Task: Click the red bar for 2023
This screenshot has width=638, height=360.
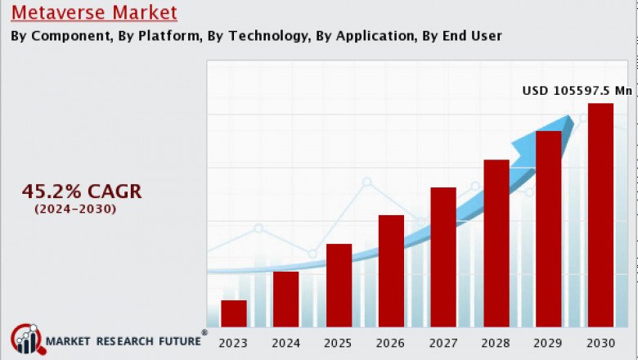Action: (233, 313)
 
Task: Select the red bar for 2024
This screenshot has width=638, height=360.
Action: (285, 299)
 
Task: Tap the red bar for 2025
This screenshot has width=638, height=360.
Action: (339, 285)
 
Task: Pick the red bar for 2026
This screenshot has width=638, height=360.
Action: (391, 271)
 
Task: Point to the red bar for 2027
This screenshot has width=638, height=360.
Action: (443, 257)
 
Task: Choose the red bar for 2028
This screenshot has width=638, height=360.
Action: (496, 243)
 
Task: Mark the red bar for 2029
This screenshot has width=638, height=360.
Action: (548, 228)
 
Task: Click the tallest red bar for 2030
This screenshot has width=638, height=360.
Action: (600, 214)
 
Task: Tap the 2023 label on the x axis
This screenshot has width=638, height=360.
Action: (233, 343)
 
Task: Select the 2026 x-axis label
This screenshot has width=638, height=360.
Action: (391, 343)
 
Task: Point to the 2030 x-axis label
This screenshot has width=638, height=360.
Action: (600, 343)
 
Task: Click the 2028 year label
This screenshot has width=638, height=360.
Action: (496, 343)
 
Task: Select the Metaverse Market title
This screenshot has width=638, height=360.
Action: (94, 13)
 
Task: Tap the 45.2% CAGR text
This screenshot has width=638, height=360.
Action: (82, 191)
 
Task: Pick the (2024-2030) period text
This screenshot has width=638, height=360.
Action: (75, 209)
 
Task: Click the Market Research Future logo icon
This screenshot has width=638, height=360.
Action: (25, 340)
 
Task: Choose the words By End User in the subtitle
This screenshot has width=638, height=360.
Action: (462, 36)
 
